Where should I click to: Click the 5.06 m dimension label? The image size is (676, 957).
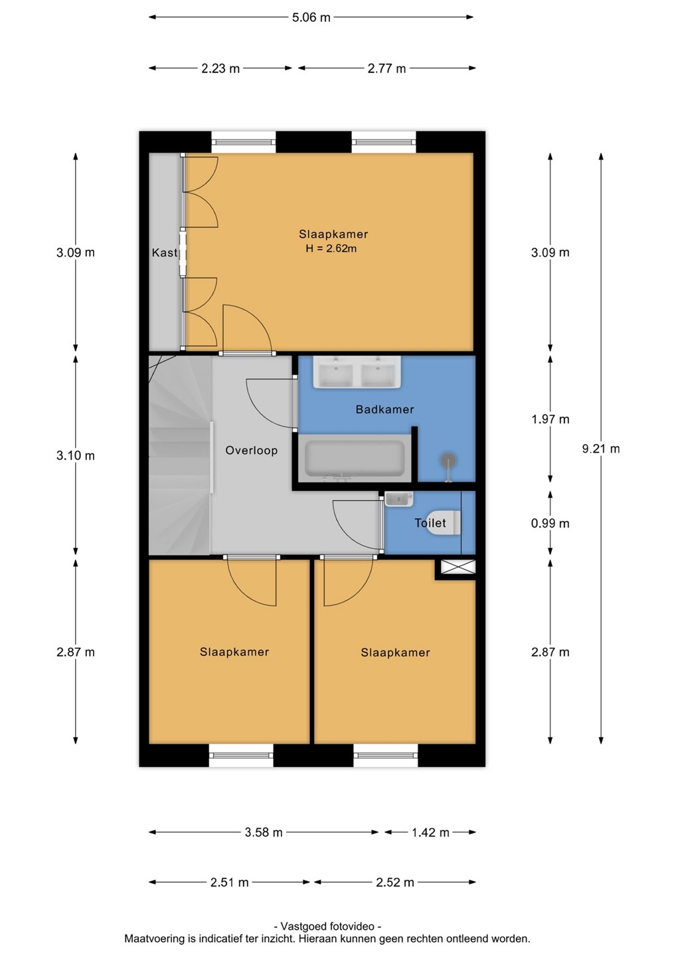(x=311, y=17)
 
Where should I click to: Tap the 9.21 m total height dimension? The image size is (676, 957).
(x=601, y=449)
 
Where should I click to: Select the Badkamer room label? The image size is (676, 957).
(x=385, y=409)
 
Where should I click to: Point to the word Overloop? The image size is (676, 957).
(x=252, y=451)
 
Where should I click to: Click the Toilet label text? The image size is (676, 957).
(x=430, y=522)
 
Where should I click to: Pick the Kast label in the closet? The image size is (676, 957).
(x=164, y=253)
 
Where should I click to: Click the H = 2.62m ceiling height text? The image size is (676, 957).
(x=331, y=249)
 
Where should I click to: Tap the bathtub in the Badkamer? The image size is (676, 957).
(x=355, y=459)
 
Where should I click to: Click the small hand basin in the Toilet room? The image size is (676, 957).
(x=398, y=499)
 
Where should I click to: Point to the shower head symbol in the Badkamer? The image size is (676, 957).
(x=448, y=462)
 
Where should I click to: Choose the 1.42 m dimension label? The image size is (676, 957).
(x=430, y=832)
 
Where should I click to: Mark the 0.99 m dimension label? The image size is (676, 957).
(x=550, y=523)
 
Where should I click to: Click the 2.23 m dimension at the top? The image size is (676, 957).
(x=220, y=68)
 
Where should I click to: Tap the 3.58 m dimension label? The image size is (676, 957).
(x=264, y=832)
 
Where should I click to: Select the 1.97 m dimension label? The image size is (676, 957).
(x=550, y=419)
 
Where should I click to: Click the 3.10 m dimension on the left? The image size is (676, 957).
(x=76, y=455)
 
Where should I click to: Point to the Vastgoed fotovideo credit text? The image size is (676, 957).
(x=327, y=926)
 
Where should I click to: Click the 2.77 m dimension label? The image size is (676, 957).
(x=386, y=68)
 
